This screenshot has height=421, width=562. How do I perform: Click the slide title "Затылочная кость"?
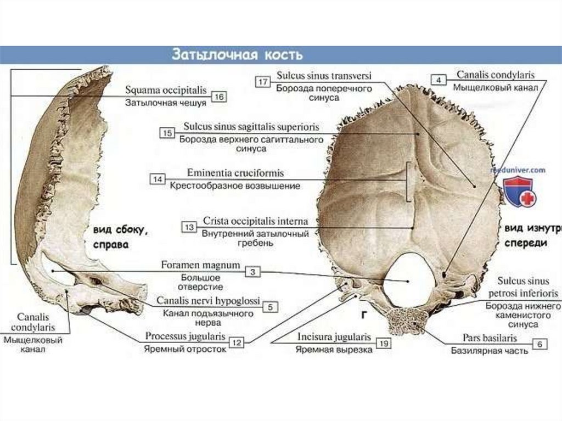click(238, 55)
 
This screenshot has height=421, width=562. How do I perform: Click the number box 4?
click(438, 80)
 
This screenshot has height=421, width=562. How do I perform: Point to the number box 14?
click(158, 178)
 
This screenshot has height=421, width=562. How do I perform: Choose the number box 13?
click(189, 227)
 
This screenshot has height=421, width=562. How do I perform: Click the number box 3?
click(252, 271)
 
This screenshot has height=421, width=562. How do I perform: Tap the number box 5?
click(269, 307)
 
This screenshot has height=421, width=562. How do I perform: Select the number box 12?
click(236, 343)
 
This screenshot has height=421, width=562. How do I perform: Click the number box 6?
click(540, 344)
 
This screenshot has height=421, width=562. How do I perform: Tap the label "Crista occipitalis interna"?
click(255, 221)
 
